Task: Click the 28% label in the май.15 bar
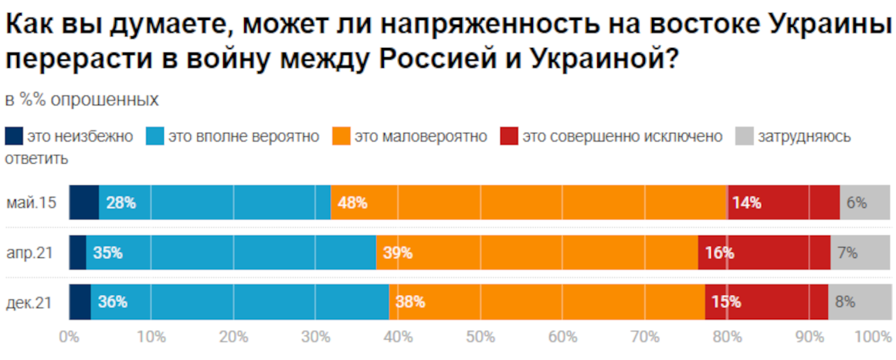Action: point(121,203)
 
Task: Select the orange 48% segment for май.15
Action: point(528,203)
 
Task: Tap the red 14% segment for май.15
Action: point(782,203)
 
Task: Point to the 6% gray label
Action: point(857,203)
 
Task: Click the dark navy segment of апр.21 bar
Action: point(77,253)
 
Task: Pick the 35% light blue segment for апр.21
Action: point(231,253)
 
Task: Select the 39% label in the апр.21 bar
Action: point(397,253)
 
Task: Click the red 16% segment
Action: point(764,253)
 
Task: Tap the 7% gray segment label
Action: point(847,253)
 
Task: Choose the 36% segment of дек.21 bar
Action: point(239,302)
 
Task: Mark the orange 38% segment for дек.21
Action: point(547,302)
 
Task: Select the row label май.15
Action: point(29,204)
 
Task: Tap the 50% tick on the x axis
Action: point(480,337)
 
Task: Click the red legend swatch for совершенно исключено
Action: point(508,137)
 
